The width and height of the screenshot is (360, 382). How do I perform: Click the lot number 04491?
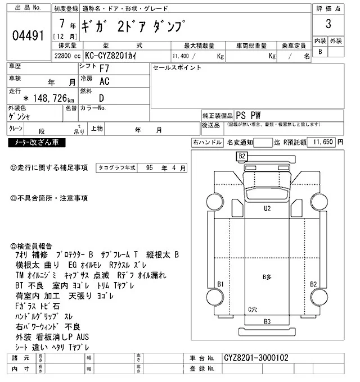pyautogui.click(x=28, y=35)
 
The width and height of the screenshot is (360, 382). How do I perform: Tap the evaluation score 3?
pyautogui.click(x=328, y=25)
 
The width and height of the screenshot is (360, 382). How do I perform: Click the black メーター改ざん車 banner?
pyautogui.click(x=37, y=143)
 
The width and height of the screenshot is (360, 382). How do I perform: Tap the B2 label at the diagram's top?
pyautogui.click(x=242, y=156)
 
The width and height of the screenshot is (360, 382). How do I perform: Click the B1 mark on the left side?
pyautogui.click(x=220, y=284)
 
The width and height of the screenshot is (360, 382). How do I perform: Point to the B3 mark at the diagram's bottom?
pyautogui.click(x=267, y=322)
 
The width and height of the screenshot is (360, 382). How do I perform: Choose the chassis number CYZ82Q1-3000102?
pyautogui.click(x=256, y=357)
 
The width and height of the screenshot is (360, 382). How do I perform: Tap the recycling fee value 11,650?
pyautogui.click(x=323, y=143)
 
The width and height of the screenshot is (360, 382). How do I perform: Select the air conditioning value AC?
pyautogui.click(x=104, y=81)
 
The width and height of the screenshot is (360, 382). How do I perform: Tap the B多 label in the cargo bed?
pyautogui.click(x=267, y=277)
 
